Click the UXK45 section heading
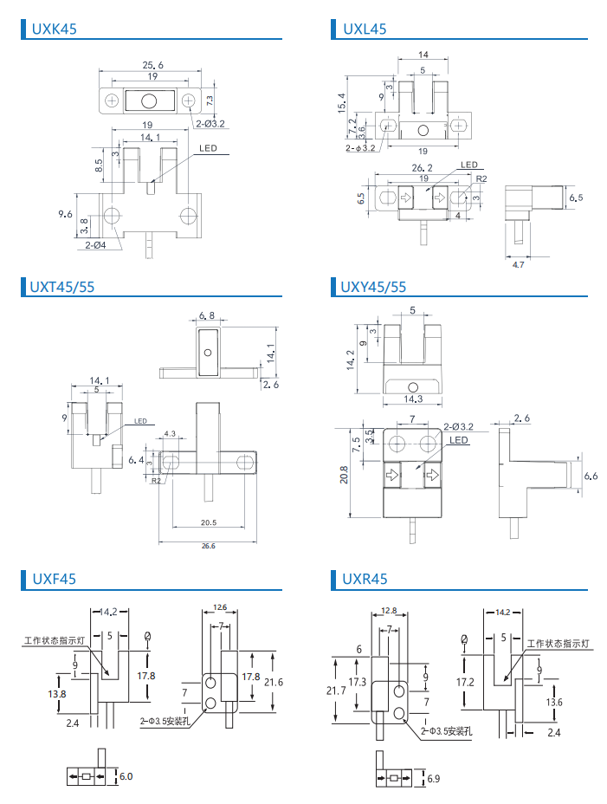[54, 29]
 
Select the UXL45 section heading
[365, 29]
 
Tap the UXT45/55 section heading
[62, 287]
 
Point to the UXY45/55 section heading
[373, 287]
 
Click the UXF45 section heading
[54, 579]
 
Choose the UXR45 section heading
[365, 579]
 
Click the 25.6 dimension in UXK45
[152, 65]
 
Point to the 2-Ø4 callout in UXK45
[95, 245]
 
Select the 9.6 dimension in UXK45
[65, 214]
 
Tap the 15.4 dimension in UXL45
[342, 103]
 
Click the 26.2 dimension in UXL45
[422, 168]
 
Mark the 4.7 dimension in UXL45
[519, 264]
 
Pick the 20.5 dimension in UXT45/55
[208, 522]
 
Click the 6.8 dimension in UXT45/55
[207, 315]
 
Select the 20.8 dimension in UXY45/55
[344, 475]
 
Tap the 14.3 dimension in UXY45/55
[413, 399]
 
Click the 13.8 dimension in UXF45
[57, 694]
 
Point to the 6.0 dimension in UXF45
[126, 776]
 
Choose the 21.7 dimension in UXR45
[336, 691]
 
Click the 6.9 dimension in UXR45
[434, 778]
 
